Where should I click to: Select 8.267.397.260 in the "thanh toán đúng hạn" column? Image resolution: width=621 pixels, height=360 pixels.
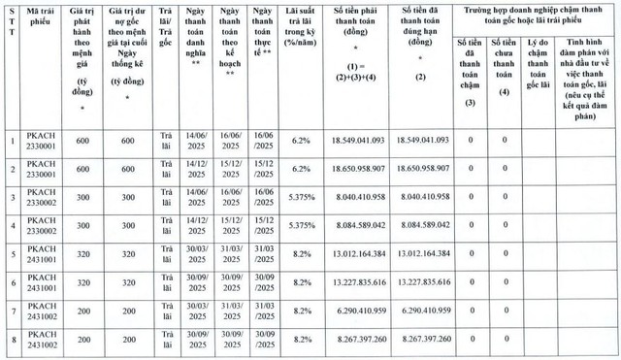[x=424, y=340]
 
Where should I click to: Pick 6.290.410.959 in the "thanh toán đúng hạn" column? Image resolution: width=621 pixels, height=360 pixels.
[x=424, y=311]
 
